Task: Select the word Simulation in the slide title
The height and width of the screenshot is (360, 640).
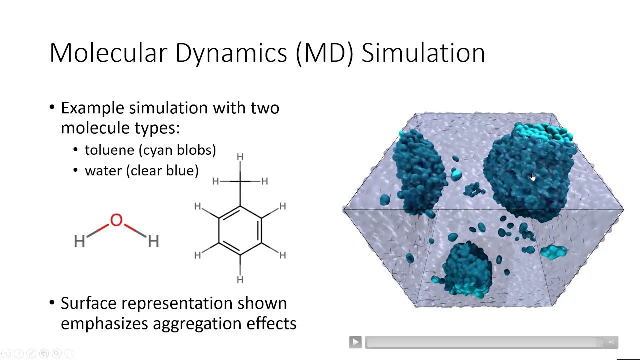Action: tap(423, 53)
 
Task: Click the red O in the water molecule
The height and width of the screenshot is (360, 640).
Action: tap(116, 220)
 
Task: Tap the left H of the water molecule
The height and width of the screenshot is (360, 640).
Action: tap(79, 242)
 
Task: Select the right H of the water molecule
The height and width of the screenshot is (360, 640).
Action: tap(153, 242)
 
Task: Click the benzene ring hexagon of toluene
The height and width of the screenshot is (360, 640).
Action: tap(240, 230)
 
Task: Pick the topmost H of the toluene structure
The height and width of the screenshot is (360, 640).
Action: tap(240, 157)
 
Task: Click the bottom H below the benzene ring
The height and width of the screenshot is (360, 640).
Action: tap(240, 280)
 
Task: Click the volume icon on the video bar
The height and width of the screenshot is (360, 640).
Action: tap(611, 342)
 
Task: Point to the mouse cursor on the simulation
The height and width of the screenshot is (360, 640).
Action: tap(533, 177)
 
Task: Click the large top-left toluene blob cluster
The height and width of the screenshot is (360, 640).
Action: tap(419, 170)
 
